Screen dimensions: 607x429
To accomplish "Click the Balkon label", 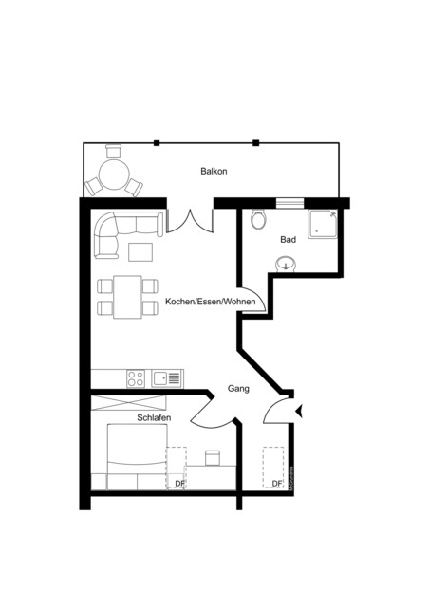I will pos(214,172).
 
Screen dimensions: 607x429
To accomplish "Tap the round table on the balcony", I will pos(114,175).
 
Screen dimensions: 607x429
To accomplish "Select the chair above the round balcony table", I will pos(115,152).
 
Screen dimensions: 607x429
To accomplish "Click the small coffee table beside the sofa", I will pos(140,251).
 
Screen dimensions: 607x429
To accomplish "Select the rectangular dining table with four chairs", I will pos(126,296).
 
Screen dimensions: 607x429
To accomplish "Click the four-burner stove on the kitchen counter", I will pos(136,377).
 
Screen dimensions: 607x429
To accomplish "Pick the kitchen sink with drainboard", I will pos(168,377).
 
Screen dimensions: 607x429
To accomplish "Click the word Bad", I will pos(288,240).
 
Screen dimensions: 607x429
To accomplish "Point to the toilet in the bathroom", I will pos(258,221).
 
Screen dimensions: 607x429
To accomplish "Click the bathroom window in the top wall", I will pos(287,201).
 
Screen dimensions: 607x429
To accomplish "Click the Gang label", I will pos(238,389).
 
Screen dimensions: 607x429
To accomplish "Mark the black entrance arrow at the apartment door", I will pos(300,411).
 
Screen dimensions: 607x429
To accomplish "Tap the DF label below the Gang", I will pos(276,484).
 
